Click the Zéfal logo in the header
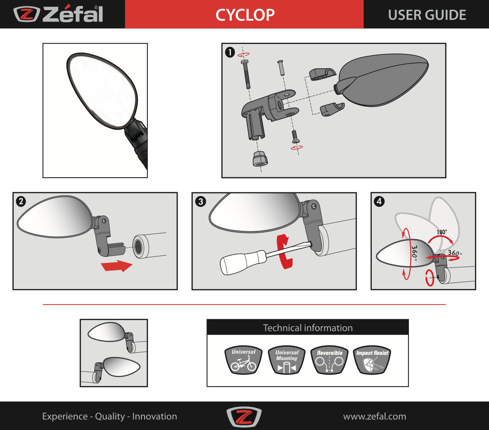[x=58, y=14]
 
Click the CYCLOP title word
[x=245, y=15]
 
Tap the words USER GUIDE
[x=427, y=15]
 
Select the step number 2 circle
[x=21, y=201]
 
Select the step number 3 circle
[x=200, y=201]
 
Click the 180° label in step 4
[x=441, y=232]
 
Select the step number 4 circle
[x=379, y=201]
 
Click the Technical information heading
[x=308, y=328]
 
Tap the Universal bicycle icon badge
[x=244, y=360]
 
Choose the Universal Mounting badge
[x=287, y=360]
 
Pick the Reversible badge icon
[x=330, y=360]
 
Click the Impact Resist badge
[x=372, y=360]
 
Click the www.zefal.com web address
[x=375, y=416]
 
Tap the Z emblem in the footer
[x=244, y=417]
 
